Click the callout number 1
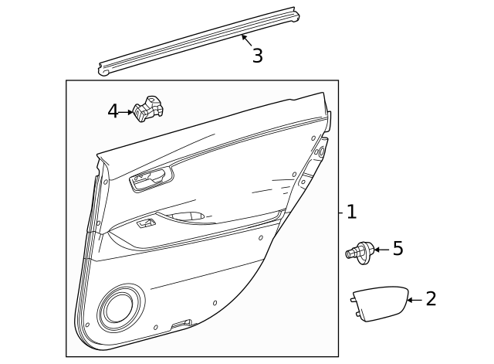coord(351,212)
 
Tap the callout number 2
coord(431,299)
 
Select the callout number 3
coord(257,56)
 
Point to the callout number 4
coord(113,112)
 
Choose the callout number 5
coord(398,249)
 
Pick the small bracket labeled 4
coord(148,109)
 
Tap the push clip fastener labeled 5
coord(359,251)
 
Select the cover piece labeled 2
coord(380,302)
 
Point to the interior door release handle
coord(150,179)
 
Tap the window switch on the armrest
coord(146,223)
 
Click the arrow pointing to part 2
coord(413,300)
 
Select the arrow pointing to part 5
coord(381,250)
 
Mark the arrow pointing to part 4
coord(128,112)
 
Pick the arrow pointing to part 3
coord(246,39)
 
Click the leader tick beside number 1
coord(340,212)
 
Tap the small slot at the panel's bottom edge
coord(181,323)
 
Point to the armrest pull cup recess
coord(186,217)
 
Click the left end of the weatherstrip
coord(103,70)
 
